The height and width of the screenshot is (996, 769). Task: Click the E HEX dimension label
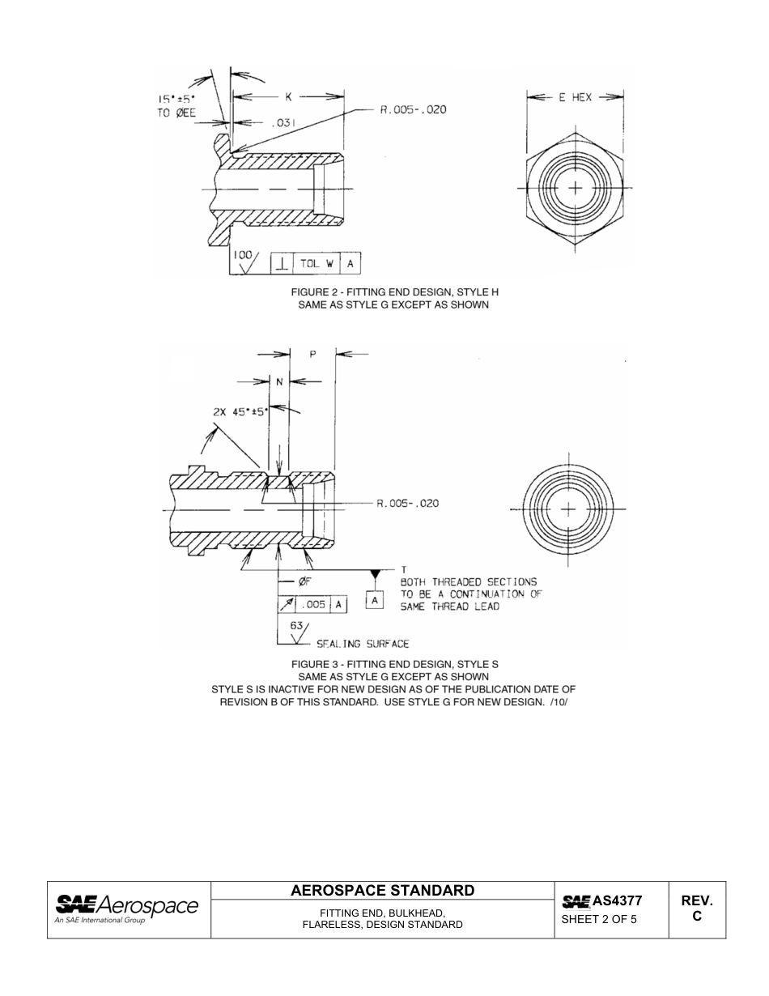click(576, 97)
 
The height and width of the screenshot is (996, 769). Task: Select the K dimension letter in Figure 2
click(288, 97)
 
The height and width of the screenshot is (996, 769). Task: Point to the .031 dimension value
click(283, 123)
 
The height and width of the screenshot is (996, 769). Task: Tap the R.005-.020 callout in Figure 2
click(413, 109)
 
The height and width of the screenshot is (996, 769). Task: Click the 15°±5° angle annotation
click(176, 102)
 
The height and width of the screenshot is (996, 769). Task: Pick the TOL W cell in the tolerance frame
click(317, 263)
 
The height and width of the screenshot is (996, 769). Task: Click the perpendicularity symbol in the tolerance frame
click(281, 263)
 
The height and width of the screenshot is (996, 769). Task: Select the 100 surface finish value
click(242, 254)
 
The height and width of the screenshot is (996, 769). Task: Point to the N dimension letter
click(279, 381)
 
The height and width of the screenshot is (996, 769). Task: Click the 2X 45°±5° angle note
click(240, 411)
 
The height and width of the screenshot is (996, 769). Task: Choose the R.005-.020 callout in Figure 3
click(409, 504)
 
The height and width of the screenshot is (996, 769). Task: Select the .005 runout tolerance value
click(314, 604)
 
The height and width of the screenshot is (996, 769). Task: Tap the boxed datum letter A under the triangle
click(375, 601)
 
